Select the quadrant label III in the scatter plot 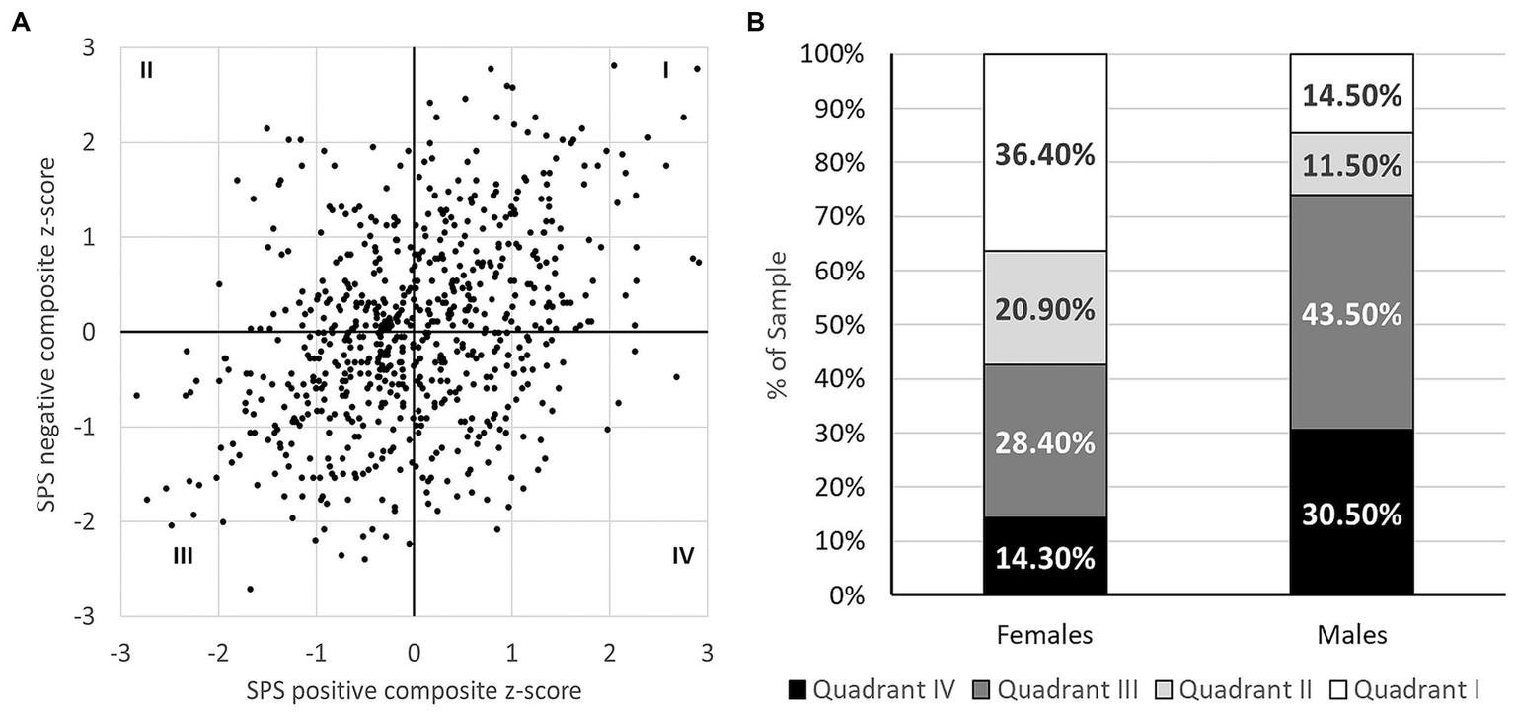(x=182, y=555)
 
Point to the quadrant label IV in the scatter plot (x=682, y=555)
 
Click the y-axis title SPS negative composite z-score (x=46, y=332)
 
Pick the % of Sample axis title (x=777, y=324)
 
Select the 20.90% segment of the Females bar (x=1045, y=308)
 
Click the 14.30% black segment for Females (x=1045, y=557)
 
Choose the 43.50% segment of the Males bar (x=1352, y=314)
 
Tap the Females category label (x=1045, y=635)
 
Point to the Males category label (x=1352, y=635)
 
